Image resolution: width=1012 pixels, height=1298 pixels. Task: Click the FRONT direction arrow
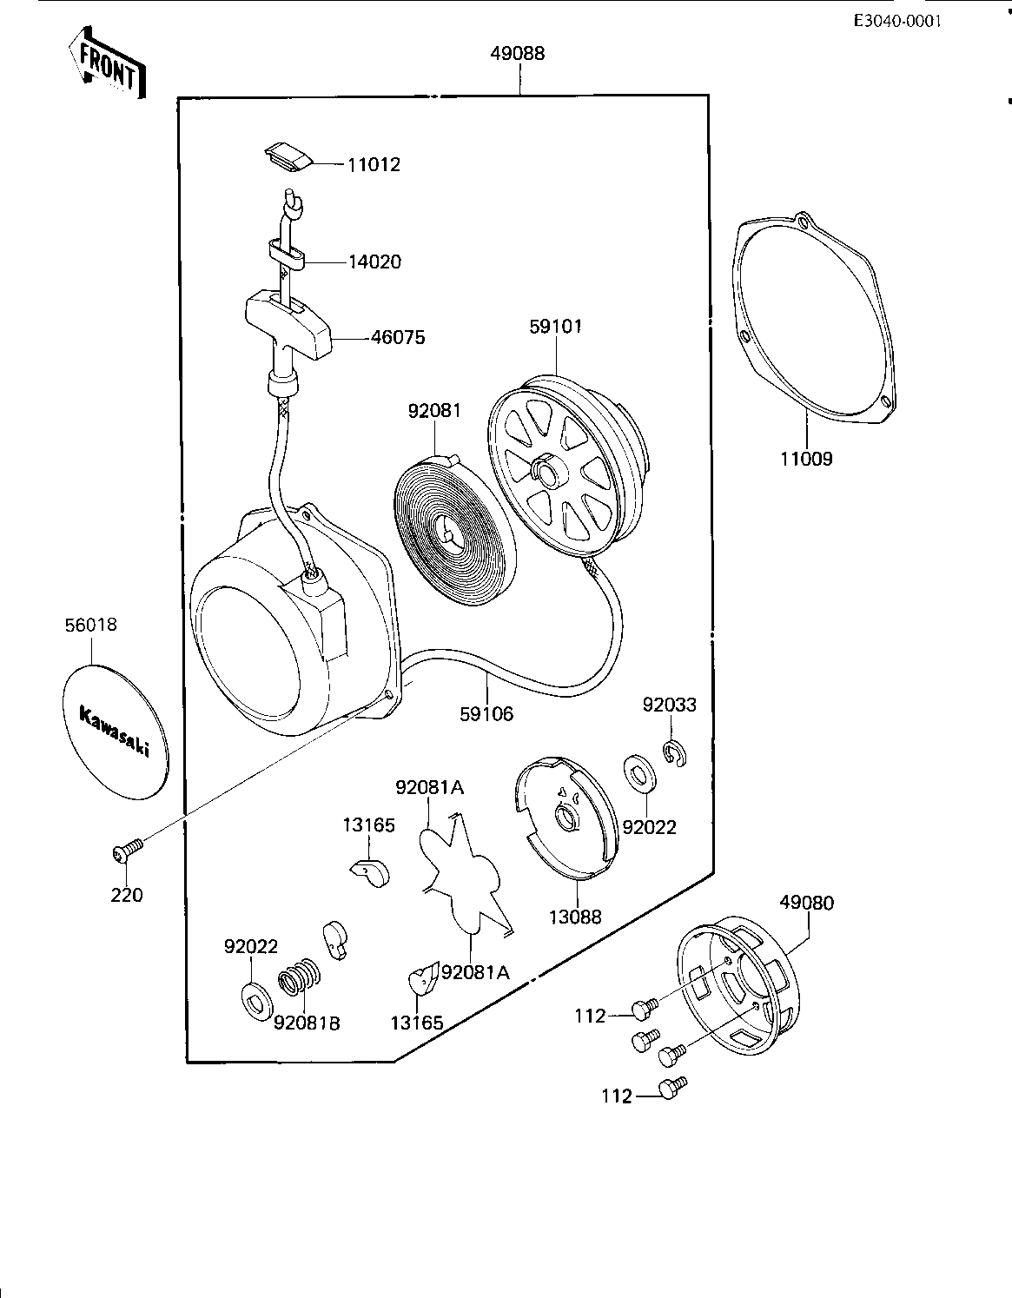coord(108,63)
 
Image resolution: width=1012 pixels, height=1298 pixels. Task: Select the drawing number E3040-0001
coord(897,22)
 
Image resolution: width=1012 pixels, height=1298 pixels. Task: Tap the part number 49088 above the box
coord(518,53)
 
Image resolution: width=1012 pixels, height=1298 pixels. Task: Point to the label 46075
coord(398,337)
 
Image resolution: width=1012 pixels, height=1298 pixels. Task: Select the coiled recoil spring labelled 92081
coord(455,522)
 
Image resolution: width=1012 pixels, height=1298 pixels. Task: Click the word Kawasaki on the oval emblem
coord(115,732)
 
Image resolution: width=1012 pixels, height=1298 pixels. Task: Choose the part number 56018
coord(90,625)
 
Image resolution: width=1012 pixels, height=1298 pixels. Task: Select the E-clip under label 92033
coord(675,753)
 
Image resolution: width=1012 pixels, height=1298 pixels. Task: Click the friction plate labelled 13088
coord(566,818)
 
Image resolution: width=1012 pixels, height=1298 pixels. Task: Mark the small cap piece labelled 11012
coord(289,157)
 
